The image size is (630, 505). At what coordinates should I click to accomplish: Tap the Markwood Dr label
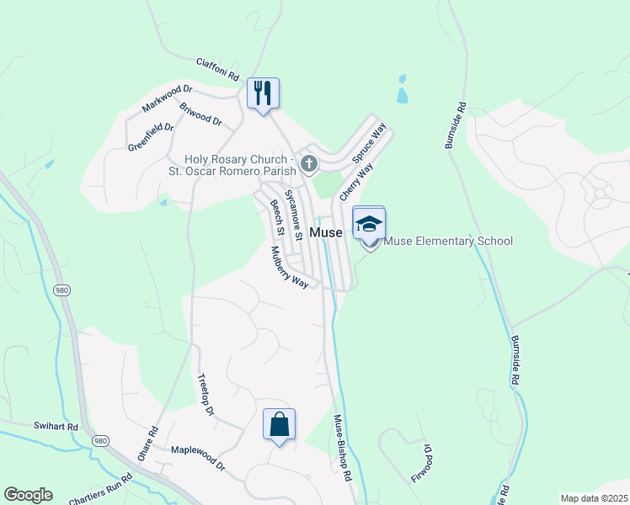(168, 98)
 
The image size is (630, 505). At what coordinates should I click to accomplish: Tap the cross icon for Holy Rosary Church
(309, 163)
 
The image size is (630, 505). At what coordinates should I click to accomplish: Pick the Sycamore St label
(292, 206)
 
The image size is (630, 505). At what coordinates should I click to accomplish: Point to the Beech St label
(276, 217)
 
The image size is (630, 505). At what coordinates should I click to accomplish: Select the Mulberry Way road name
(290, 268)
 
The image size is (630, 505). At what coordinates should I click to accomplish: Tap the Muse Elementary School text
(447, 242)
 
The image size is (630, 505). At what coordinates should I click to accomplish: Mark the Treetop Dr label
(206, 394)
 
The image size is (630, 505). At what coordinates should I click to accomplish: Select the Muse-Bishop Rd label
(342, 447)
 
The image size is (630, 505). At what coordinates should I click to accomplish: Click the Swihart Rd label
(56, 426)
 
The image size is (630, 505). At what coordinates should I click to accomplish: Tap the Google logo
(28, 495)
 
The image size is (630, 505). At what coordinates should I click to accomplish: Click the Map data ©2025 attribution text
(594, 498)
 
